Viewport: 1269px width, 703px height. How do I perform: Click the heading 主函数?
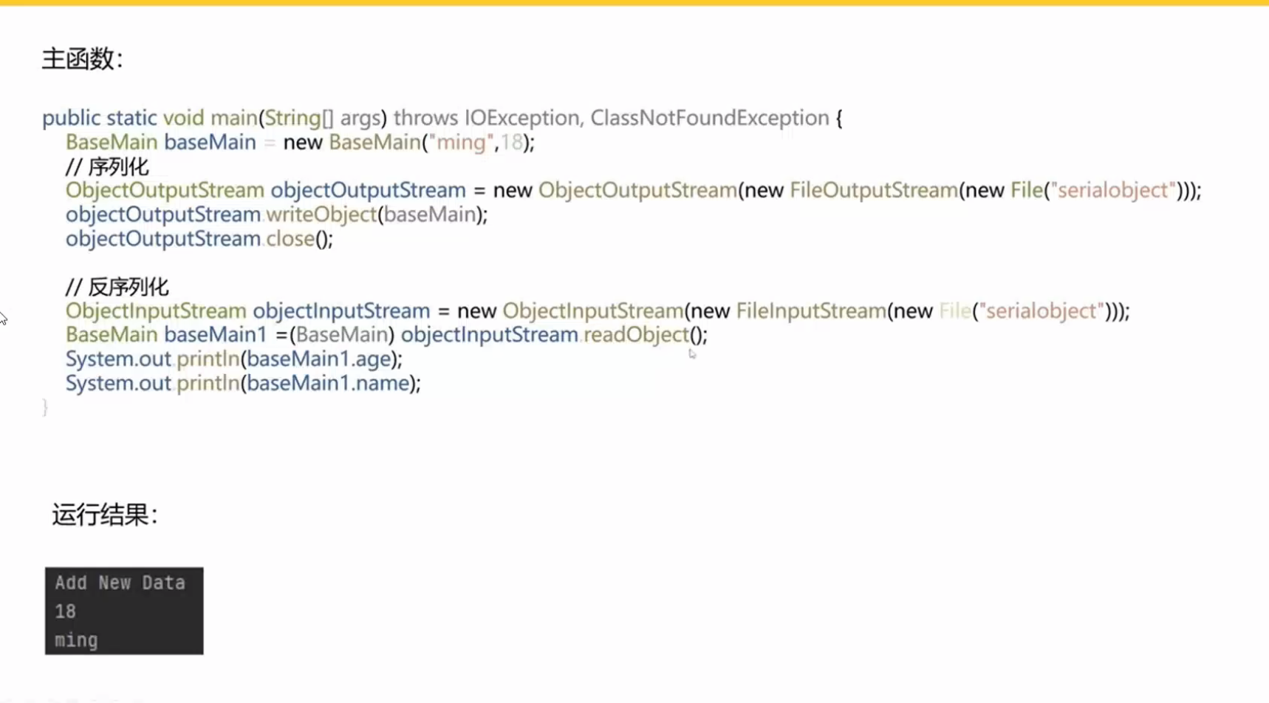coord(82,59)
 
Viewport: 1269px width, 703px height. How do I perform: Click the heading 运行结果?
coord(104,514)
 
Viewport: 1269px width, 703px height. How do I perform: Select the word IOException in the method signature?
coord(521,118)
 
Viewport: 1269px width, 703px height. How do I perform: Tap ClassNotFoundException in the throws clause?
coord(710,118)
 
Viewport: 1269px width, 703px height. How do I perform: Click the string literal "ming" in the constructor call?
coord(461,142)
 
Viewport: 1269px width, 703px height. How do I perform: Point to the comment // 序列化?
coord(107,167)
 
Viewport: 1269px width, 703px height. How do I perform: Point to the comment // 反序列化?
coord(117,287)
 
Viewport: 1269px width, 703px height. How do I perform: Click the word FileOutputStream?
coord(874,190)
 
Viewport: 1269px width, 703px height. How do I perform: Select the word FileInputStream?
coord(811,310)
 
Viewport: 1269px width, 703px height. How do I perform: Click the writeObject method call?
coord(321,214)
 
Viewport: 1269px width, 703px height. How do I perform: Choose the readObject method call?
coord(636,335)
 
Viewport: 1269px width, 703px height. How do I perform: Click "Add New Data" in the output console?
coord(120,583)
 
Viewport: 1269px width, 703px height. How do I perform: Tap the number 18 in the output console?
coord(65,612)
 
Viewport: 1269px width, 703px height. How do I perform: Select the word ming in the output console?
coord(76,641)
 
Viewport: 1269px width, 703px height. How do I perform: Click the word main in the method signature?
coord(234,118)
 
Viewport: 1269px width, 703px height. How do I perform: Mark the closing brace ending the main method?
coord(45,407)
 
